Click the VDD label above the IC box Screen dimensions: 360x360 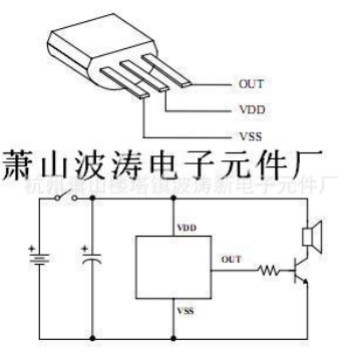pos(186,227)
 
